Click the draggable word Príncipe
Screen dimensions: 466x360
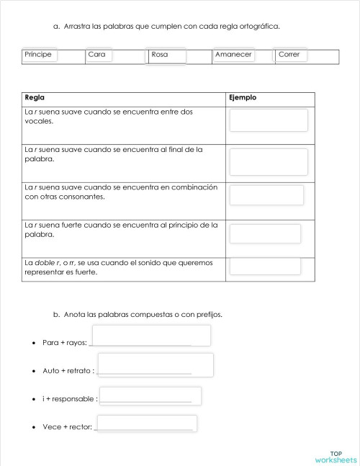40,55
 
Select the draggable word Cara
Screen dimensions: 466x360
100,55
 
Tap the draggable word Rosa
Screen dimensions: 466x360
166,55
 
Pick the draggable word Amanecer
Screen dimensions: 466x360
233,55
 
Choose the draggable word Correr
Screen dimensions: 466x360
291,55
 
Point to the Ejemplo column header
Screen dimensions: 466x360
242,98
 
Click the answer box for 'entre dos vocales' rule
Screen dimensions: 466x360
269,120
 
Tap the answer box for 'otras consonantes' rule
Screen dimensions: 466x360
266,195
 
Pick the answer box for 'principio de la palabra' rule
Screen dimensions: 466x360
265,233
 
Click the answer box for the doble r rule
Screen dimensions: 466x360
265,266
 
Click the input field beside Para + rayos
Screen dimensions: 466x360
151,336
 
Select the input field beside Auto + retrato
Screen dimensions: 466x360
156,364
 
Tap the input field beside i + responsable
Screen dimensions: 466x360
150,396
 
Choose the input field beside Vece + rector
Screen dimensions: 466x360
146,423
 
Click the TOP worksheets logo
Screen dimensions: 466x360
336,457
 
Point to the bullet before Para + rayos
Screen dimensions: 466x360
35,344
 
